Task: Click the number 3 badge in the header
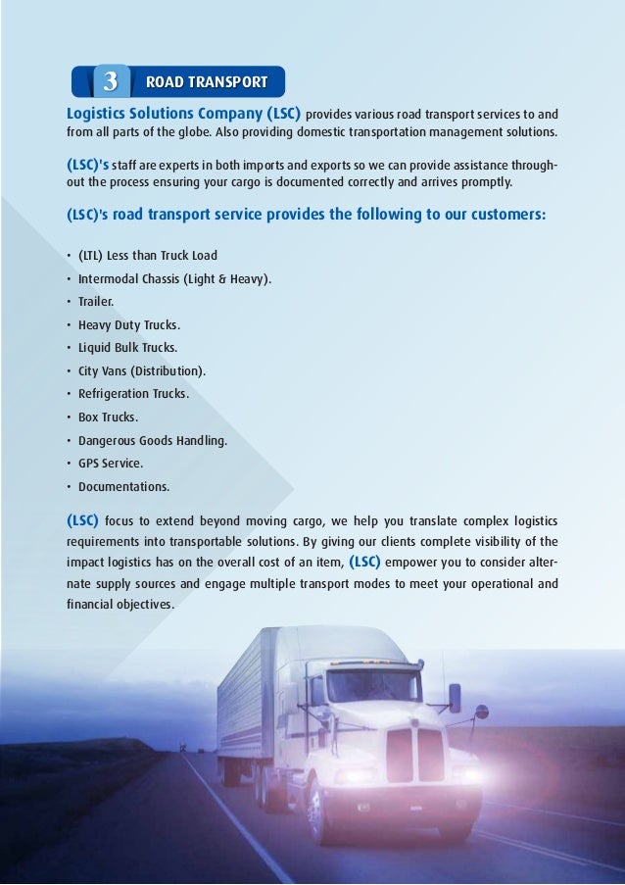click(111, 80)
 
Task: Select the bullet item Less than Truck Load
click(148, 256)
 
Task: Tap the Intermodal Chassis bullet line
click(174, 279)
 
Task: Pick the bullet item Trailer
click(96, 302)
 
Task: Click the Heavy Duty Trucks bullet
click(129, 325)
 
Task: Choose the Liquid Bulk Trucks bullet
click(127, 348)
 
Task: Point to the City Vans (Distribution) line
click(142, 371)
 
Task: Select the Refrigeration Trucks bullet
click(134, 394)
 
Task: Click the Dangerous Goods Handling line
click(153, 441)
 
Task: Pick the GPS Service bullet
click(111, 464)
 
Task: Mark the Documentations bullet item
click(123, 487)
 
